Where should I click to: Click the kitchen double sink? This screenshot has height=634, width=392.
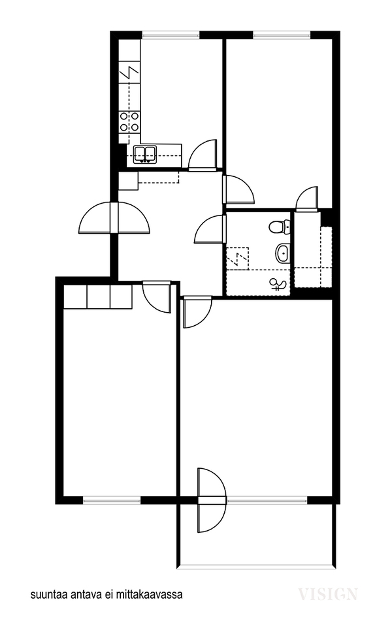tap(145, 155)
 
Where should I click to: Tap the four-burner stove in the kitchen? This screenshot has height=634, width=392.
tap(129, 121)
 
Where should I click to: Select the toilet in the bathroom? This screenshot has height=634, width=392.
tap(280, 227)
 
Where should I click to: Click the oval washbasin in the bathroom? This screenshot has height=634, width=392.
tap(283, 253)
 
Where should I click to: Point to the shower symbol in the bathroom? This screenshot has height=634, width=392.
tap(278, 285)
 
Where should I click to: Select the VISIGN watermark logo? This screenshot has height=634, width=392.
tap(328, 594)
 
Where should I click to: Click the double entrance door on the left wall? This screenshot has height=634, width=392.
tap(114, 218)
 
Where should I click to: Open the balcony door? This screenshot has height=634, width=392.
tap(212, 501)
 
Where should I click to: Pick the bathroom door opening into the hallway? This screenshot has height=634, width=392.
tap(210, 230)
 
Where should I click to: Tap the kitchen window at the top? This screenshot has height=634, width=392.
tap(171, 35)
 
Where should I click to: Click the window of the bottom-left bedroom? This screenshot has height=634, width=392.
tap(112, 499)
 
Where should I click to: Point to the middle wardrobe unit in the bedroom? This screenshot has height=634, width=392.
tap(99, 297)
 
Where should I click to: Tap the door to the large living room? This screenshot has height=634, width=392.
tap(197, 313)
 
